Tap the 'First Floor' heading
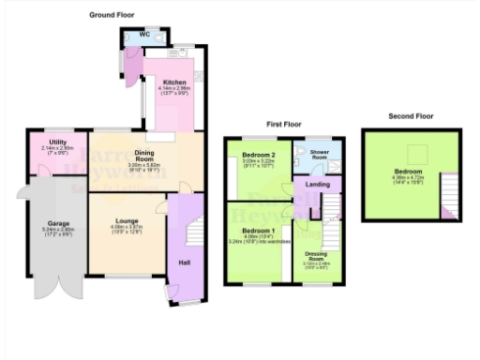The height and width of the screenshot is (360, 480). (283, 124)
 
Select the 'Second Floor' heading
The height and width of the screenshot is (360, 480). (410, 116)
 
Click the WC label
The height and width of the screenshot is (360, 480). (144, 36)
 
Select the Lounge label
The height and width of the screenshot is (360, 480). (127, 220)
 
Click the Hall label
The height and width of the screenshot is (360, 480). (185, 262)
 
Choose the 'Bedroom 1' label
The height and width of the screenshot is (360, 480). (257, 231)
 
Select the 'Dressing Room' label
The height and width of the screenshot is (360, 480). (318, 255)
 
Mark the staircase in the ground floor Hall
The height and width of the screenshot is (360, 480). (194, 230)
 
